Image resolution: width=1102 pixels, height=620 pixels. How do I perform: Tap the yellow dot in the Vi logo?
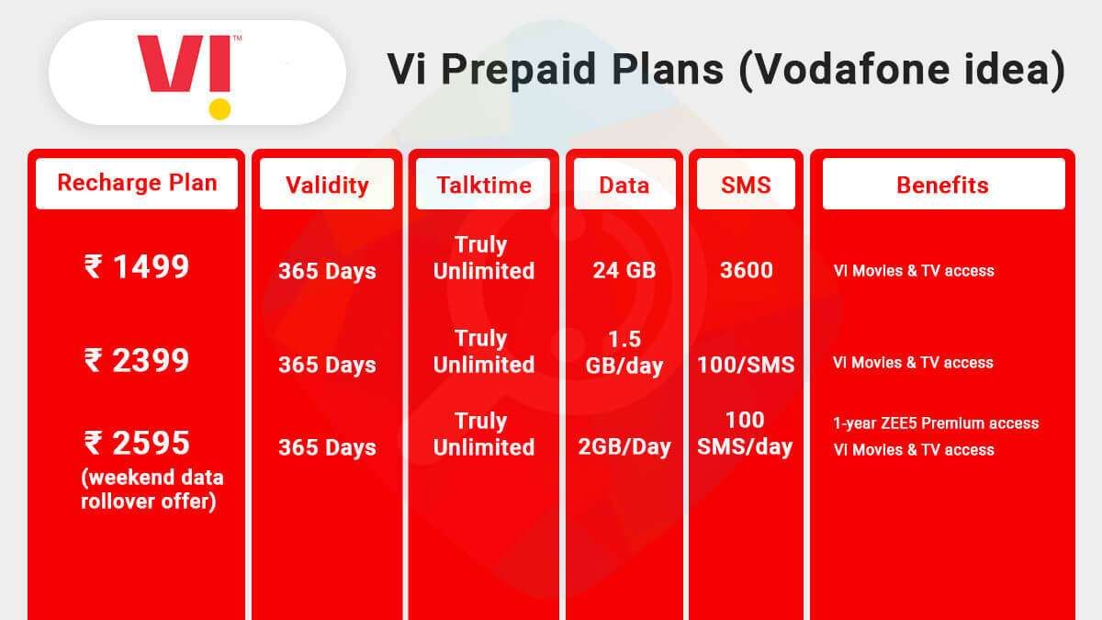point(219,109)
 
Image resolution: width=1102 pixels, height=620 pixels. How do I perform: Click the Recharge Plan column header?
point(137,183)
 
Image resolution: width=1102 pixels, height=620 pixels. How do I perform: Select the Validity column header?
point(327,185)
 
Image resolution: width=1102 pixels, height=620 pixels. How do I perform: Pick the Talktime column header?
point(483,185)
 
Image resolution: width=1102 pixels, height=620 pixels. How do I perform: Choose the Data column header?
point(624,185)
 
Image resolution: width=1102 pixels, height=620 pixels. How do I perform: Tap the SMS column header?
point(746,185)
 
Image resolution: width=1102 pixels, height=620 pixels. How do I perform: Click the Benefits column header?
point(942,185)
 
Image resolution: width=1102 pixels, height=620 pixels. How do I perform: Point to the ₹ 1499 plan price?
point(137,267)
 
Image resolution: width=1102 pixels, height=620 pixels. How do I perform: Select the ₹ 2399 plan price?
point(137,360)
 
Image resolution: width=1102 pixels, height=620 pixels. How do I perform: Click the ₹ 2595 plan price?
point(137,444)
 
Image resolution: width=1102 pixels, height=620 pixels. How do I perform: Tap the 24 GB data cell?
point(624,271)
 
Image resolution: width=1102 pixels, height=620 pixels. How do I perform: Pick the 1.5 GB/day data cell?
point(624,352)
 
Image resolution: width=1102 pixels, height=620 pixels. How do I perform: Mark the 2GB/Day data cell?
point(624,447)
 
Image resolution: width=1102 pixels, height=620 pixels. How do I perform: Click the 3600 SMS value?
point(746,271)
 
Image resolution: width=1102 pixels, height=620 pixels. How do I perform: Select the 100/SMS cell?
point(746,365)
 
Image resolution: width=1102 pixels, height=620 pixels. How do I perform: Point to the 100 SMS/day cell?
point(745,434)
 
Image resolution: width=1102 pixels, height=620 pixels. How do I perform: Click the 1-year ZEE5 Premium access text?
point(936,423)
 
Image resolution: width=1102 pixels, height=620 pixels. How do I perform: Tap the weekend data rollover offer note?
point(152,490)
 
